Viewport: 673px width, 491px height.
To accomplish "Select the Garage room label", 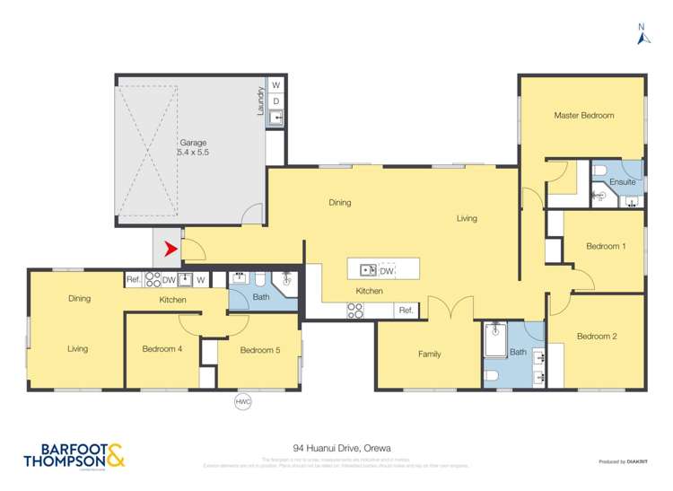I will click(x=193, y=142).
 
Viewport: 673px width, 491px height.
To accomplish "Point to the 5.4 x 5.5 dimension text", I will click(x=193, y=153).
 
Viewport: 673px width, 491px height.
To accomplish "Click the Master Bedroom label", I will click(x=583, y=116).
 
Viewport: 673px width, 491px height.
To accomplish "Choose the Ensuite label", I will click(x=623, y=182).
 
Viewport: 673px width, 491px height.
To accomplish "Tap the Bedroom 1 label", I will click(x=605, y=246).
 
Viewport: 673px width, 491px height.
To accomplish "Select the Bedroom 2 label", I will click(x=596, y=337).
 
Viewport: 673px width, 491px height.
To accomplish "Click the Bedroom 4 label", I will click(x=162, y=348).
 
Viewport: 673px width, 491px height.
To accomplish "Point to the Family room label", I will click(x=429, y=354).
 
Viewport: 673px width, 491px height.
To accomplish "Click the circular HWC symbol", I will click(x=242, y=401).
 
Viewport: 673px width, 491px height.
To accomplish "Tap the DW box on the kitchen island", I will click(x=387, y=270).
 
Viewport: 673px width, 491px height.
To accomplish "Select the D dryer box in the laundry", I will click(x=276, y=101).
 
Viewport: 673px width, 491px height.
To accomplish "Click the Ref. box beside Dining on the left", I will click(x=133, y=279).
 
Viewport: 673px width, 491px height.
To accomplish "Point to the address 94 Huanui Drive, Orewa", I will click(x=342, y=446).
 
